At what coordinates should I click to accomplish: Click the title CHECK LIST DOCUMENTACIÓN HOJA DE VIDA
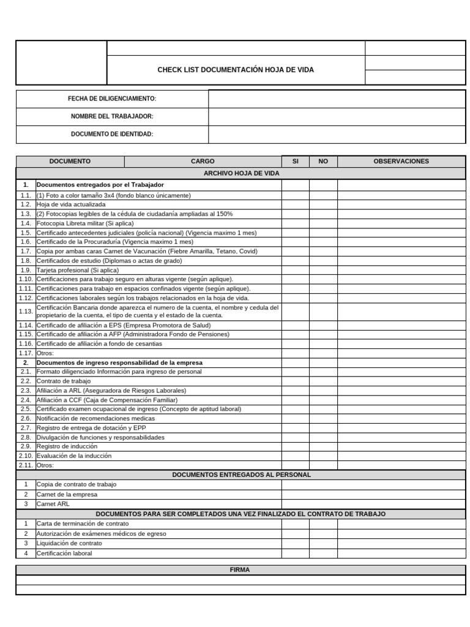(x=236, y=70)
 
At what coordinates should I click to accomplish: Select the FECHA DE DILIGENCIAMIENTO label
(x=112, y=99)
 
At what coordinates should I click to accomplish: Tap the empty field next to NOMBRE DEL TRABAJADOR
(x=337, y=116)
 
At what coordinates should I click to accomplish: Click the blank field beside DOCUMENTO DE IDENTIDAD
(x=337, y=134)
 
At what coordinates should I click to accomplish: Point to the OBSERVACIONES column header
(x=401, y=161)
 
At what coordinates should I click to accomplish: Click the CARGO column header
(x=203, y=161)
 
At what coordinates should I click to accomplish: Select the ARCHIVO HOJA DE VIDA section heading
(x=241, y=173)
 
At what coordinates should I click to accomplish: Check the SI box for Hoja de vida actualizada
(x=295, y=205)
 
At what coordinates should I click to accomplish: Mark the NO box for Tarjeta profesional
(x=323, y=270)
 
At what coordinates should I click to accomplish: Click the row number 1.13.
(x=26, y=311)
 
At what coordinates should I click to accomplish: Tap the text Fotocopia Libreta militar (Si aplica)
(x=85, y=223)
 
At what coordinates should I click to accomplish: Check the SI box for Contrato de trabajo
(x=295, y=381)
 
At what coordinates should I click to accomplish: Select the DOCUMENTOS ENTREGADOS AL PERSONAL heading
(x=241, y=475)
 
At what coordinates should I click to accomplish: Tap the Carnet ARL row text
(x=53, y=504)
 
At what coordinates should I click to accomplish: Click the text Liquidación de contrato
(x=69, y=543)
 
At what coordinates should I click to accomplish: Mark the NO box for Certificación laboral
(x=323, y=553)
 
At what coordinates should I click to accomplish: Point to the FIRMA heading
(x=240, y=569)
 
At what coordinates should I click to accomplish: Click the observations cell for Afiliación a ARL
(x=401, y=391)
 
